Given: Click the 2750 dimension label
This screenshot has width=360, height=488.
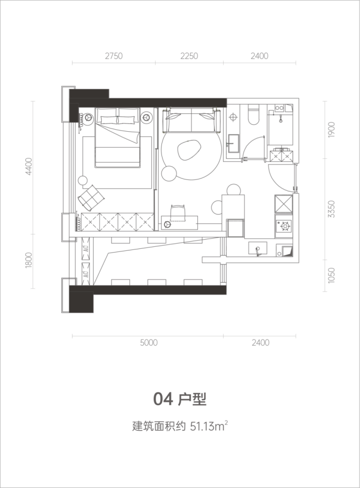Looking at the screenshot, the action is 114,56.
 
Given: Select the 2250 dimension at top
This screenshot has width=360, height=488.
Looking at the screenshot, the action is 189,56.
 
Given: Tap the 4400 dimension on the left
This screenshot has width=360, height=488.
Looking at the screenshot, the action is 29,167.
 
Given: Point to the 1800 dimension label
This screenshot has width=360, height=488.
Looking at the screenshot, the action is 29,260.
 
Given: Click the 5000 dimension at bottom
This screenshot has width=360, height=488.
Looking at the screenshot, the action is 149,343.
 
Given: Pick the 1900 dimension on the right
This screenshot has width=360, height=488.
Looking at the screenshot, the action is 331,130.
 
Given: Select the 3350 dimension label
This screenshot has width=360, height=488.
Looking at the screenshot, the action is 331,209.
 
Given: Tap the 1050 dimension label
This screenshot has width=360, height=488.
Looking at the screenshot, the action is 331,275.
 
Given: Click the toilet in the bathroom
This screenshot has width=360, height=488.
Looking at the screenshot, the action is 253,115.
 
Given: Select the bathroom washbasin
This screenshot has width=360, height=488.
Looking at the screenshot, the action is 234,143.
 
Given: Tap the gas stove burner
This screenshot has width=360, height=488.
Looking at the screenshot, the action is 284,226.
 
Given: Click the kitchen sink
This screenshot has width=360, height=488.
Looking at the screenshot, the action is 257,249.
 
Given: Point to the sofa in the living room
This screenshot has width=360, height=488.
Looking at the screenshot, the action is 191,120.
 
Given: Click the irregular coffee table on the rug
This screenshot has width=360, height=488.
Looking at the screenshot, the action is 188,150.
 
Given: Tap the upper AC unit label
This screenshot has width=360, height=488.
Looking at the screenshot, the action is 86,249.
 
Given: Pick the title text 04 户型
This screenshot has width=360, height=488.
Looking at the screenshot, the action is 180,399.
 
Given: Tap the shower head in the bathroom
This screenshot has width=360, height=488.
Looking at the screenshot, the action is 280,118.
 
